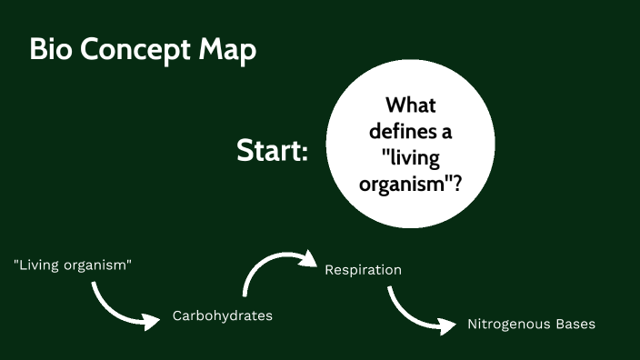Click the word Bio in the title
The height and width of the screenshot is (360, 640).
pyautogui.click(x=51, y=50)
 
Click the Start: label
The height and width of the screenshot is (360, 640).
pyautogui.click(x=272, y=150)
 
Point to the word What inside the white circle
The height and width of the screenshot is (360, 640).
pyautogui.click(x=411, y=105)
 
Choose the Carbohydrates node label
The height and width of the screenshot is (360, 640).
pyautogui.click(x=223, y=316)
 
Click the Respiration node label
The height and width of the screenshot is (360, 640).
pyautogui.click(x=363, y=270)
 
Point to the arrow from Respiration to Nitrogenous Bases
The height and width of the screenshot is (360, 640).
pyautogui.click(x=409, y=315)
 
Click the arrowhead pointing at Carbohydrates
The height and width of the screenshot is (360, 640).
pyautogui.click(x=149, y=320)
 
